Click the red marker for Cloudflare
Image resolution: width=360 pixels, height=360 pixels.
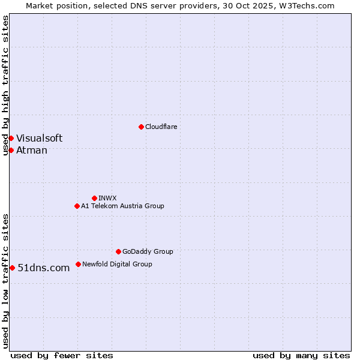141,127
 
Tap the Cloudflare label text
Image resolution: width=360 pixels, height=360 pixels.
161,127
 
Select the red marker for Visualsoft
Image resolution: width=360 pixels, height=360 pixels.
11,138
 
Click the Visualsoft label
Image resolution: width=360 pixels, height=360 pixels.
39,138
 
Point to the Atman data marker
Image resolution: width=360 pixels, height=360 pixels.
11,150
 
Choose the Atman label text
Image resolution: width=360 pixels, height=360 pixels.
31,150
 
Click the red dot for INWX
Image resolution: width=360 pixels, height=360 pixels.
94,198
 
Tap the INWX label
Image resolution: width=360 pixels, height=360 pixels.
107,198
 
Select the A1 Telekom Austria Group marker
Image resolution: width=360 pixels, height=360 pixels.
77,206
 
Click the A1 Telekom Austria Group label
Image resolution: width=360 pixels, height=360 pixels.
122,206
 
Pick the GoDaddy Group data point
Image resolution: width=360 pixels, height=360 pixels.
118,251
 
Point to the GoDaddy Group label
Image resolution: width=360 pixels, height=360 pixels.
148,251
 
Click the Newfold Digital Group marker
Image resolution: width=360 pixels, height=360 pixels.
78,264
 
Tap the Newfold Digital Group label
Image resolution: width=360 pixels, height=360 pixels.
117,264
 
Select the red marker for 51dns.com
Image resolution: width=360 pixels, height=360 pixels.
12,268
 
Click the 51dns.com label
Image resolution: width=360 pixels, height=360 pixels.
44,268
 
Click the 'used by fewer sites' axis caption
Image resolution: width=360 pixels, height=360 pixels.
62,355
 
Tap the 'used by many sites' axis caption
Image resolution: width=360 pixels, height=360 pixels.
301,355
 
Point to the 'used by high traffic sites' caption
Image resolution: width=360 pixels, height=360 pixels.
5,85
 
